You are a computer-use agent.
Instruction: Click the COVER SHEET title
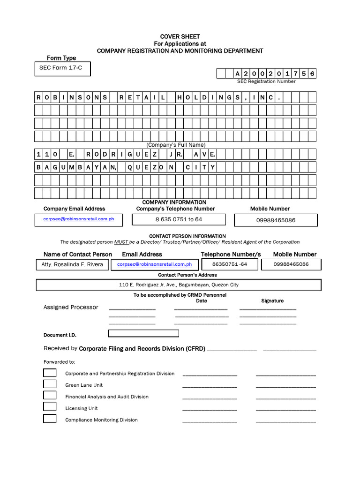click(180, 37)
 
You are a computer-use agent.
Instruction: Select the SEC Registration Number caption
click(266, 81)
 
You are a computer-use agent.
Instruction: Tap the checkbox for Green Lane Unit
click(50, 384)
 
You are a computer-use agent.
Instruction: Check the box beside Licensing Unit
click(50, 407)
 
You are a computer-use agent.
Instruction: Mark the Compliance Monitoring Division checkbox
click(50, 419)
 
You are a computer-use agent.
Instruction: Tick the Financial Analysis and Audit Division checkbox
click(50, 395)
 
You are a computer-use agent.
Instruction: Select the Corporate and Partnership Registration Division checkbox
click(50, 373)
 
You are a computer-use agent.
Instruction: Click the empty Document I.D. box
click(143, 334)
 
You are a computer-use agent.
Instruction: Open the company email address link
click(79, 219)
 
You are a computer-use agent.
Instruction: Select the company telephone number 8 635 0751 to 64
click(179, 219)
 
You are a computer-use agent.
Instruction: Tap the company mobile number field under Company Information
click(276, 220)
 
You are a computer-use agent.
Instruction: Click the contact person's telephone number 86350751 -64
click(229, 264)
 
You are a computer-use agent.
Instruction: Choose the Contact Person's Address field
click(179, 285)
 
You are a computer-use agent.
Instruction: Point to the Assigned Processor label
click(71, 307)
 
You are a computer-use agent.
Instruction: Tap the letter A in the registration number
click(238, 74)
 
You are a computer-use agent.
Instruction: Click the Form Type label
click(61, 58)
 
